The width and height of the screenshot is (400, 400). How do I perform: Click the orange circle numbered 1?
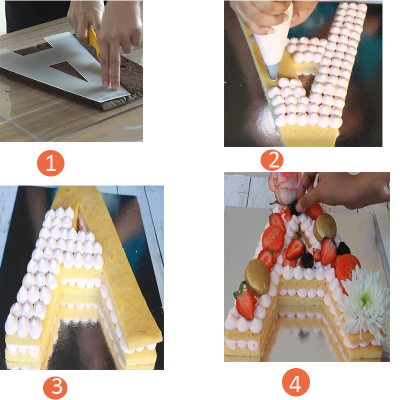click(51, 163)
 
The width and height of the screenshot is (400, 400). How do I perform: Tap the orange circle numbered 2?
click(272, 160)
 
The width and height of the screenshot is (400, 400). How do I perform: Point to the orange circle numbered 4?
click(295, 382)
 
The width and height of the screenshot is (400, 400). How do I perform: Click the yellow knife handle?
click(94, 40)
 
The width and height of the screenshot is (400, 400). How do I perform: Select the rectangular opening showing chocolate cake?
click(32, 49)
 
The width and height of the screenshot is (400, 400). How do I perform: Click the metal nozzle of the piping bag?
click(273, 71)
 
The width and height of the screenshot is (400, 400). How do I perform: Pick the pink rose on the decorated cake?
click(285, 187)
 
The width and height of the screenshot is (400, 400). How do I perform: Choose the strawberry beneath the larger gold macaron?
click(245, 303)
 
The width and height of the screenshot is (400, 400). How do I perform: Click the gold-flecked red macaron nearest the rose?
click(273, 238)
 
